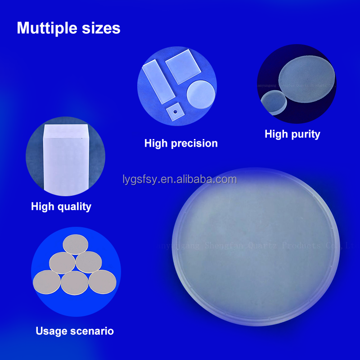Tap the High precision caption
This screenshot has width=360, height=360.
click(181, 144)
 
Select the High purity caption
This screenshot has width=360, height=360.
click(292, 134)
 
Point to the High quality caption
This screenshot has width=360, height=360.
click(61, 207)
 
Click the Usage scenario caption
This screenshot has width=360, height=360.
click(75, 331)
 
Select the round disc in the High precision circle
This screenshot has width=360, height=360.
click(201, 94)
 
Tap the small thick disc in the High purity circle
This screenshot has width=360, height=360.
click(274, 102)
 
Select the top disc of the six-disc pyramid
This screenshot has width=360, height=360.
click(76, 244)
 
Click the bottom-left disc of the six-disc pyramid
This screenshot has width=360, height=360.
click(46, 282)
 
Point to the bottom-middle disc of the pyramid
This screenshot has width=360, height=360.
click(75, 283)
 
